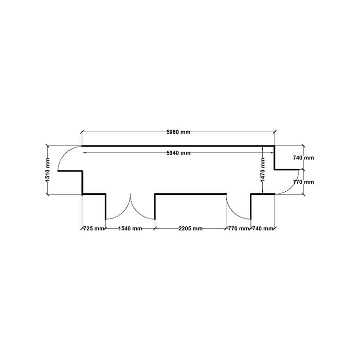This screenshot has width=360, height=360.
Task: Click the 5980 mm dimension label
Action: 178,132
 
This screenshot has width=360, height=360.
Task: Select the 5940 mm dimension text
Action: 178,153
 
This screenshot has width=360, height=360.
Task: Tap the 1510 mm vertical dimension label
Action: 48,170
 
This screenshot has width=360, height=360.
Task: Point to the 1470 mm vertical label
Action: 263,169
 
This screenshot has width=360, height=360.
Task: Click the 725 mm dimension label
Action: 94,228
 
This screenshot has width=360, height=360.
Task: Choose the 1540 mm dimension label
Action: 130,228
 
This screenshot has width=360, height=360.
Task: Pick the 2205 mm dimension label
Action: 191,228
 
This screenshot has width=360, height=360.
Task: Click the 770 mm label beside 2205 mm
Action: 239,228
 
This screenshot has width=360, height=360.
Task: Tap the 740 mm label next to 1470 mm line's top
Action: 303,158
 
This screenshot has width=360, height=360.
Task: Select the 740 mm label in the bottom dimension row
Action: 263,228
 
